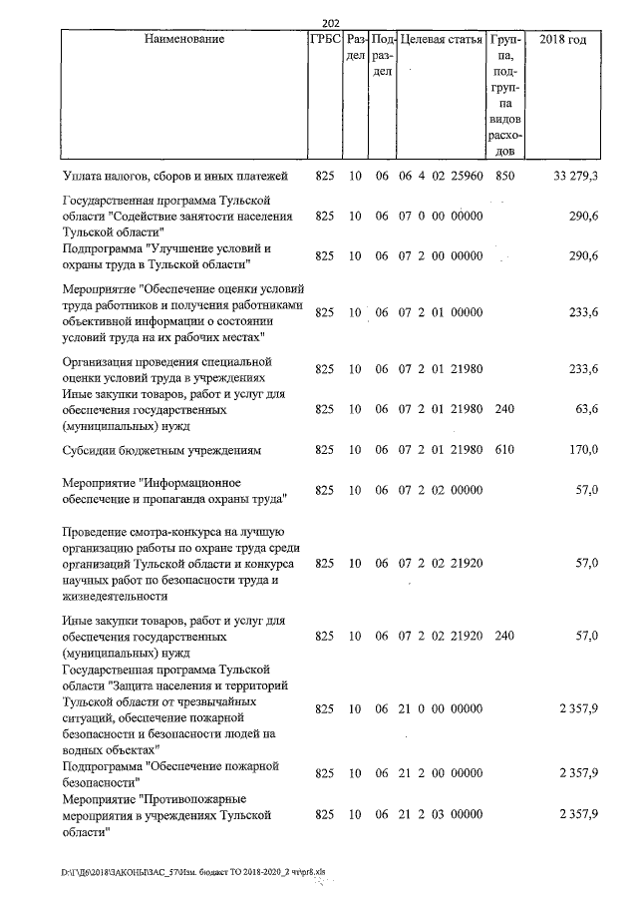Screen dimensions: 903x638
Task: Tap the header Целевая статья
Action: pos(441,40)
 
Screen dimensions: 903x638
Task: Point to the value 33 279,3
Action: pos(575,177)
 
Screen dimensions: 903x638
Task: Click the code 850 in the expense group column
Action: pos(505,177)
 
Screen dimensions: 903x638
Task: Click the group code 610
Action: pos(505,450)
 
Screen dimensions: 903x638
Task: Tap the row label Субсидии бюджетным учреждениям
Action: pos(161,450)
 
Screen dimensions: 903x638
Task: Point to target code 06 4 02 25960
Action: pos(441,177)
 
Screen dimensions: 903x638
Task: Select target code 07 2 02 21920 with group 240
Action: pos(441,635)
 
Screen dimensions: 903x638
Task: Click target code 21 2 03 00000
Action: pos(441,815)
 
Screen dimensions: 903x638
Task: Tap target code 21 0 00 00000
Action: pos(441,709)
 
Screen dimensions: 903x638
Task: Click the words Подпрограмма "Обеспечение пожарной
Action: pos(169,765)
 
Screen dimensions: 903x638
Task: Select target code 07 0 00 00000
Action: pos(441,216)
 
